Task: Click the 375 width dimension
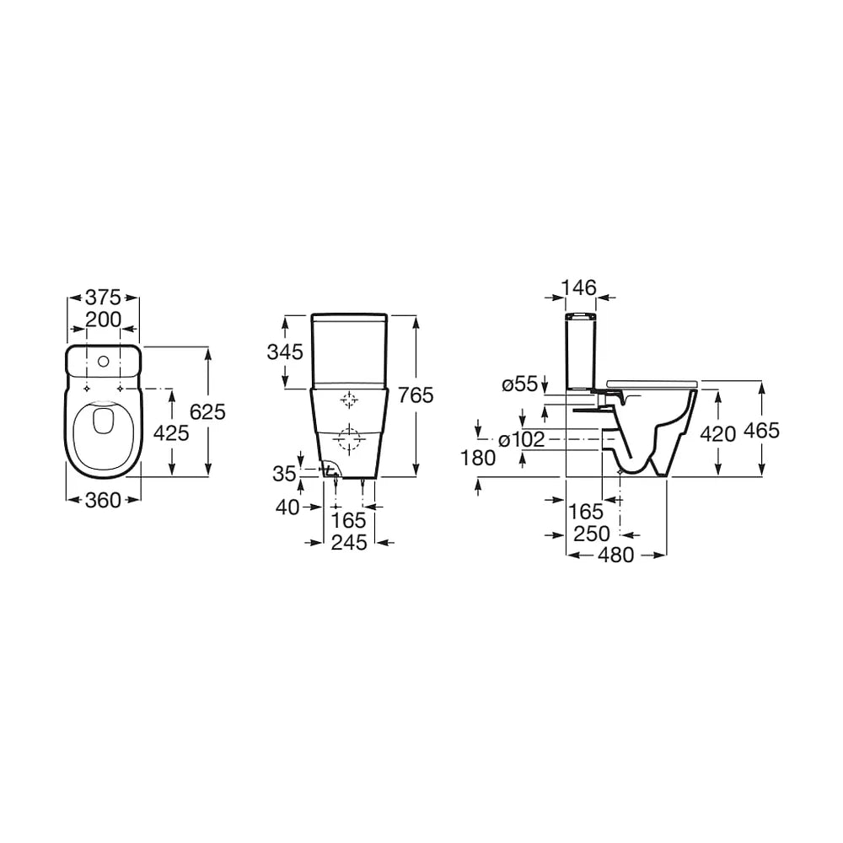click(x=103, y=298)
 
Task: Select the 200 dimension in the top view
click(x=103, y=319)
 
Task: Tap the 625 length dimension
click(x=207, y=412)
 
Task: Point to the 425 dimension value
click(x=171, y=432)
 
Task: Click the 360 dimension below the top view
click(x=103, y=501)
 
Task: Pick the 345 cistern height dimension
click(x=285, y=352)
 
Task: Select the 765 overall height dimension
click(x=416, y=395)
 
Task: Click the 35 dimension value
click(x=284, y=474)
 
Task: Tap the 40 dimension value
click(x=287, y=507)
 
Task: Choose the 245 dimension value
click(x=349, y=542)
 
